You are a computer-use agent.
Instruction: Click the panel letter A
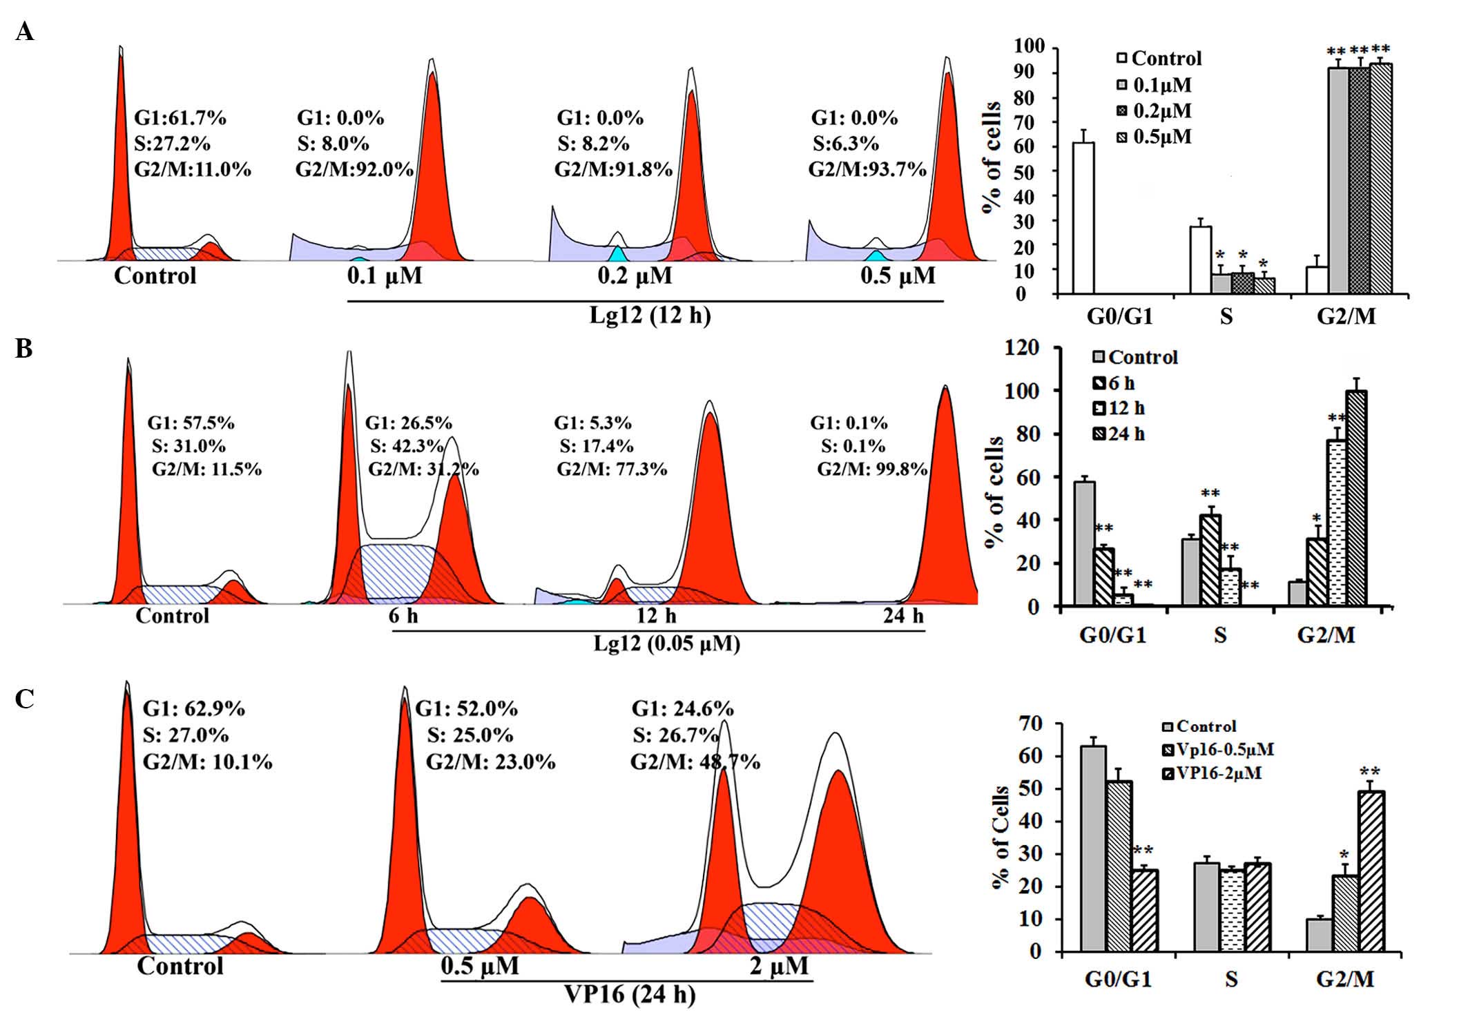(24, 32)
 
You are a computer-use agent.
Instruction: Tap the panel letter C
(24, 699)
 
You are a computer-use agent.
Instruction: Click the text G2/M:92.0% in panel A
(354, 169)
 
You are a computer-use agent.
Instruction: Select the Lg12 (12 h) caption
(649, 316)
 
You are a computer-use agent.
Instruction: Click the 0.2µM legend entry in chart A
(1155, 110)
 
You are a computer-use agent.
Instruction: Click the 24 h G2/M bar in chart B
(1356, 498)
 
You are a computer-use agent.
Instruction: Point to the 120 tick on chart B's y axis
(1023, 348)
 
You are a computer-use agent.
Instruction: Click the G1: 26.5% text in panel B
(408, 423)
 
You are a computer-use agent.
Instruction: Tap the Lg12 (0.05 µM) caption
(666, 643)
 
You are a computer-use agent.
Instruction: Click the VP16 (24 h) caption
(630, 994)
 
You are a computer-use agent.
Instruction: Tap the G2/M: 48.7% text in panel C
(695, 762)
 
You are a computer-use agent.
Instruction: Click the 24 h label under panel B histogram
(903, 615)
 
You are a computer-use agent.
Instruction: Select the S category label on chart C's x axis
(1231, 979)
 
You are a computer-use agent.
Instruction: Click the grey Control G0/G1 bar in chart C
(1094, 849)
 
